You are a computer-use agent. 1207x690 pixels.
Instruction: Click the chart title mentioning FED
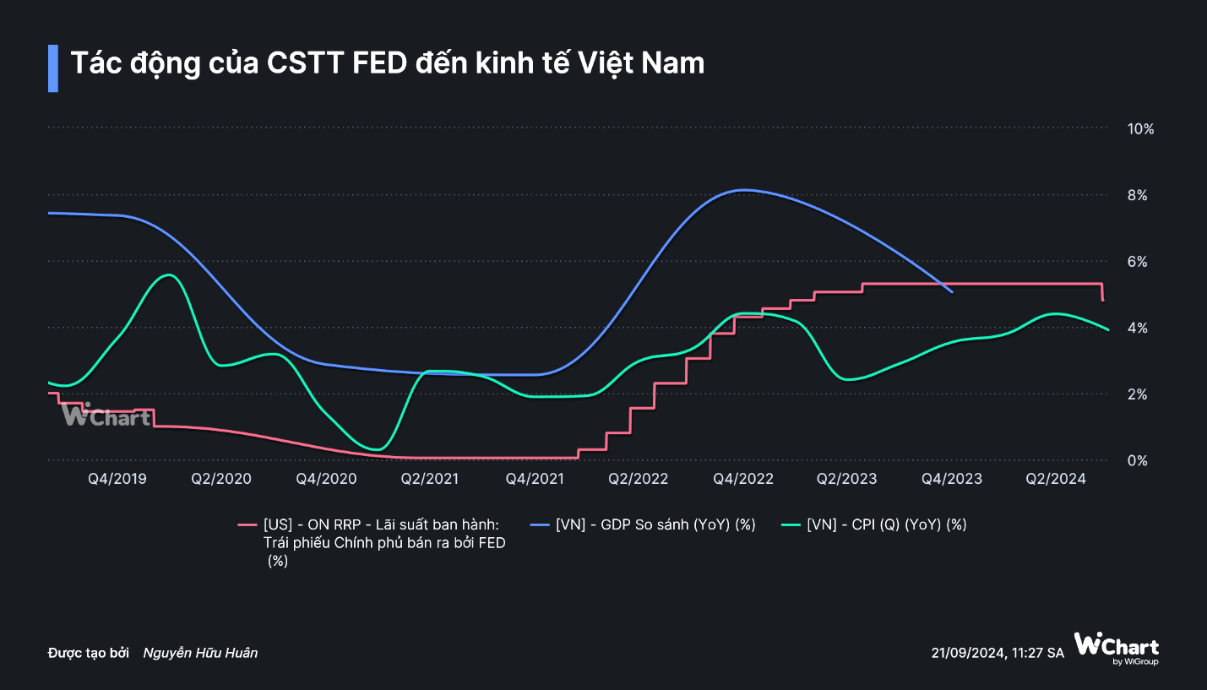(387, 63)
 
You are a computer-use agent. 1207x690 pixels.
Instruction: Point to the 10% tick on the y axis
(1140, 128)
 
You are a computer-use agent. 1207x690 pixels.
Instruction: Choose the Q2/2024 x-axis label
(1055, 479)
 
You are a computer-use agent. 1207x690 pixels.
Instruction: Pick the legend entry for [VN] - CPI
(886, 524)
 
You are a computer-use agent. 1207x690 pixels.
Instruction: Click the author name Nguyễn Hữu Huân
(200, 653)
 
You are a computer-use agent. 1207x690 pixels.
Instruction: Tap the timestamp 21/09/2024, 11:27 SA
(997, 653)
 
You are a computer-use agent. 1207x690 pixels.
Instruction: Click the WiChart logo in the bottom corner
(1117, 648)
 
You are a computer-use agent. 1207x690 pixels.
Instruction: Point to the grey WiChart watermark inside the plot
(106, 415)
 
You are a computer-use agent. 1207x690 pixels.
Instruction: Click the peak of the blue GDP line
(742, 190)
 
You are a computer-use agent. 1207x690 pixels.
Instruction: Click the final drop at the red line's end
(1103, 293)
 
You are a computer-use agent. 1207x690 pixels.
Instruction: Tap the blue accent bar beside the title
(53, 68)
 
